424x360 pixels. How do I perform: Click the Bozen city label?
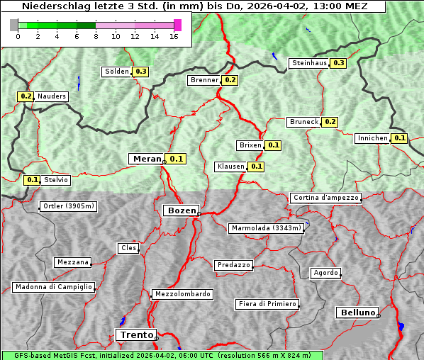[x=180, y=210]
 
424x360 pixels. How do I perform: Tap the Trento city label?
[x=135, y=334]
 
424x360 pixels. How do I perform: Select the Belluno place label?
[x=357, y=312]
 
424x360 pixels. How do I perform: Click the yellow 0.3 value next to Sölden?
[x=141, y=72]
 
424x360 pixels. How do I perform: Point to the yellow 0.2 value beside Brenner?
[x=230, y=80]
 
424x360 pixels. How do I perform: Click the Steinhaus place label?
[x=310, y=63]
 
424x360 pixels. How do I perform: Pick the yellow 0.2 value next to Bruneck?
[x=330, y=122]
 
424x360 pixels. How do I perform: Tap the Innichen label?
[x=373, y=138]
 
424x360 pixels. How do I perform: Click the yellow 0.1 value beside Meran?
[x=177, y=159]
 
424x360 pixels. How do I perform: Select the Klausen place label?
[x=230, y=167]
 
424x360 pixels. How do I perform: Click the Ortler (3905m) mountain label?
[x=67, y=207]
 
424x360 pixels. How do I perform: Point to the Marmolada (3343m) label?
[x=267, y=228]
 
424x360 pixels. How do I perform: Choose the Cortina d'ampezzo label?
[x=325, y=198]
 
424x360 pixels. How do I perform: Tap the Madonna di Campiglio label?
[x=53, y=287]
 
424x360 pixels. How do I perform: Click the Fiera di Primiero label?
[x=267, y=304]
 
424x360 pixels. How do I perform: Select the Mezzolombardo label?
[x=182, y=293]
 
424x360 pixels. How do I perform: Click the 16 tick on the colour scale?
[x=174, y=37]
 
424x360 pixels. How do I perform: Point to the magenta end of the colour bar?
[x=177, y=25]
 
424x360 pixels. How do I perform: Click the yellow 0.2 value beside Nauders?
[x=26, y=96]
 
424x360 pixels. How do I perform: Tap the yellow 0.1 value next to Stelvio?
[x=32, y=180]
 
